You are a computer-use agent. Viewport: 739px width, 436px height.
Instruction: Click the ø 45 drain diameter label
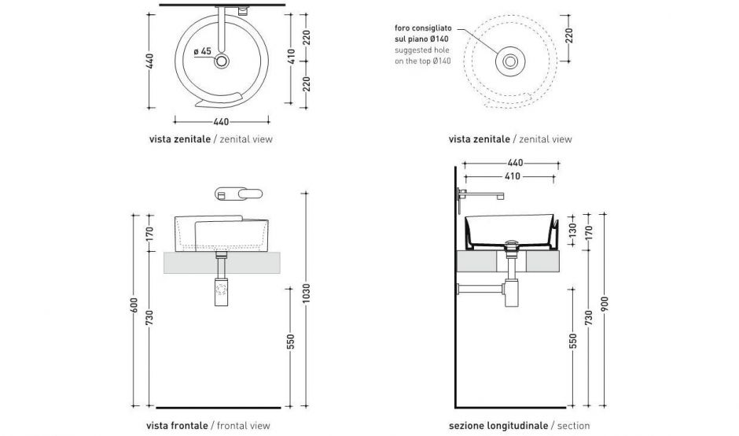(x=203, y=51)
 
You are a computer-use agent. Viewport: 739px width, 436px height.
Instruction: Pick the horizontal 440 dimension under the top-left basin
(x=221, y=121)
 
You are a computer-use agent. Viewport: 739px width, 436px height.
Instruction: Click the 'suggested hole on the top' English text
(x=422, y=55)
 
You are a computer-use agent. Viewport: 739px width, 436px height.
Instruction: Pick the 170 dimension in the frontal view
(x=149, y=235)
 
